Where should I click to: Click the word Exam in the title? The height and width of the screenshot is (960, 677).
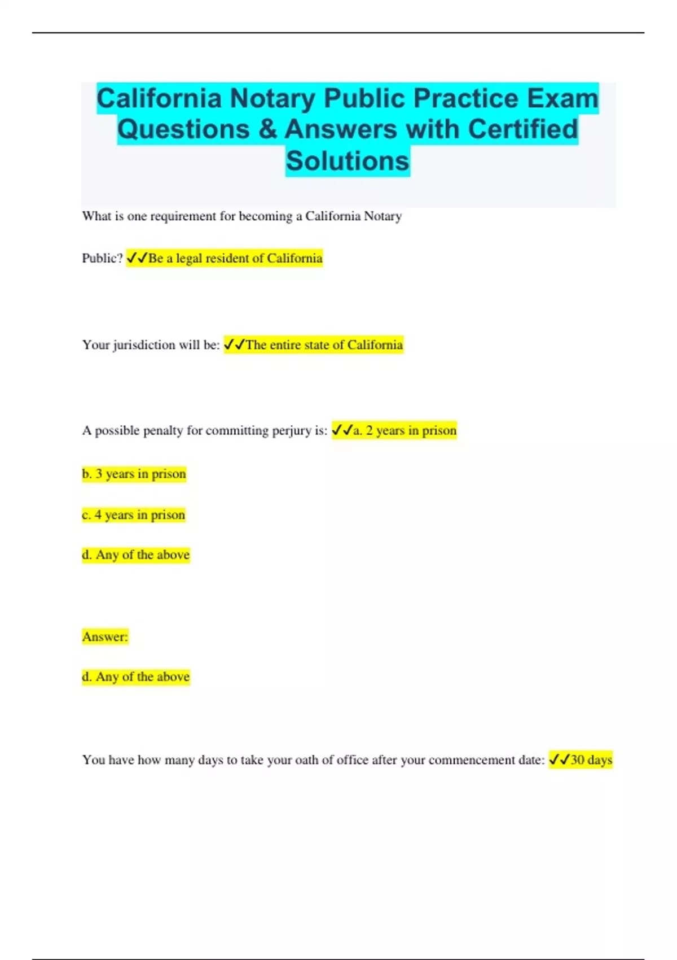pos(562,98)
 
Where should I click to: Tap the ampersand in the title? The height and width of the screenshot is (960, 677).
pos(267,129)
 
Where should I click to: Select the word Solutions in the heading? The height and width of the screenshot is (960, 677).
pos(348,161)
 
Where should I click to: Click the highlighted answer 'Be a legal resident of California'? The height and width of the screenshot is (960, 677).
pos(235,259)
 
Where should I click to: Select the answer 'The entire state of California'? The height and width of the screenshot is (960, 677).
pos(324,345)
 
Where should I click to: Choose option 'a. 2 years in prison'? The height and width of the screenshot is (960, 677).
pos(405,431)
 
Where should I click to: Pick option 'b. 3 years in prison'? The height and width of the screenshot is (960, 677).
pos(134,474)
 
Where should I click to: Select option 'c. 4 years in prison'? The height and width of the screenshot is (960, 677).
pos(133,515)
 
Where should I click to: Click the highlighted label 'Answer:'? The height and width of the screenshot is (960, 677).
pos(105,637)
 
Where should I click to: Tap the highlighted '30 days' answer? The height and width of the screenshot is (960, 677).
pos(591,760)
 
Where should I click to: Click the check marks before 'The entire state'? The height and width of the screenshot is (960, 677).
pos(234,344)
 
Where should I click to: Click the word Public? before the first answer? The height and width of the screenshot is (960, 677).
pos(102,259)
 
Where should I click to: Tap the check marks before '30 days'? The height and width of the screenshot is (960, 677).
pos(559,760)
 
